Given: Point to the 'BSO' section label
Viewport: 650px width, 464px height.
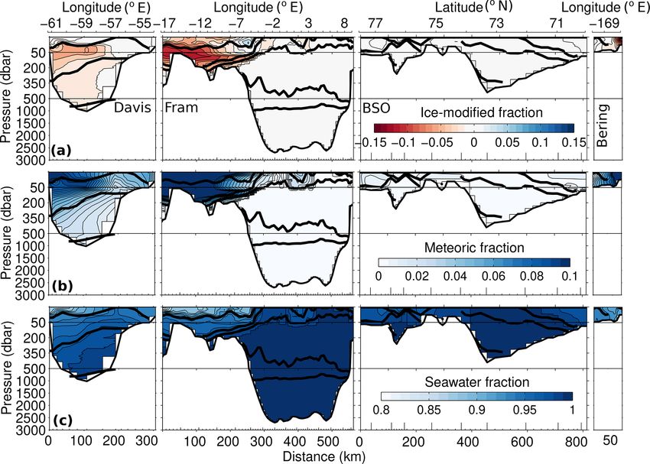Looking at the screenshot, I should click(x=374, y=109).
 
